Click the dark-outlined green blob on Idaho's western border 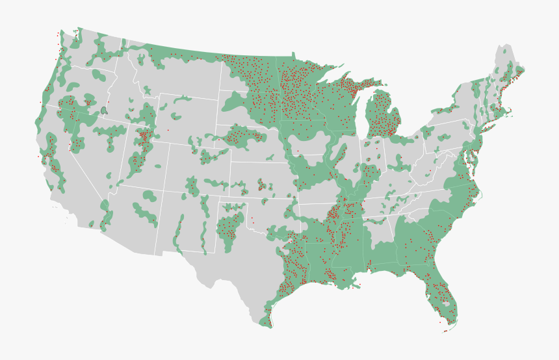click(x=104, y=110)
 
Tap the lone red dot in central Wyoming click(x=168, y=130)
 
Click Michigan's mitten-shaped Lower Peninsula click(x=383, y=120)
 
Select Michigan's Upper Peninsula click(x=351, y=88)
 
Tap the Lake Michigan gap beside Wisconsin click(x=361, y=117)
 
